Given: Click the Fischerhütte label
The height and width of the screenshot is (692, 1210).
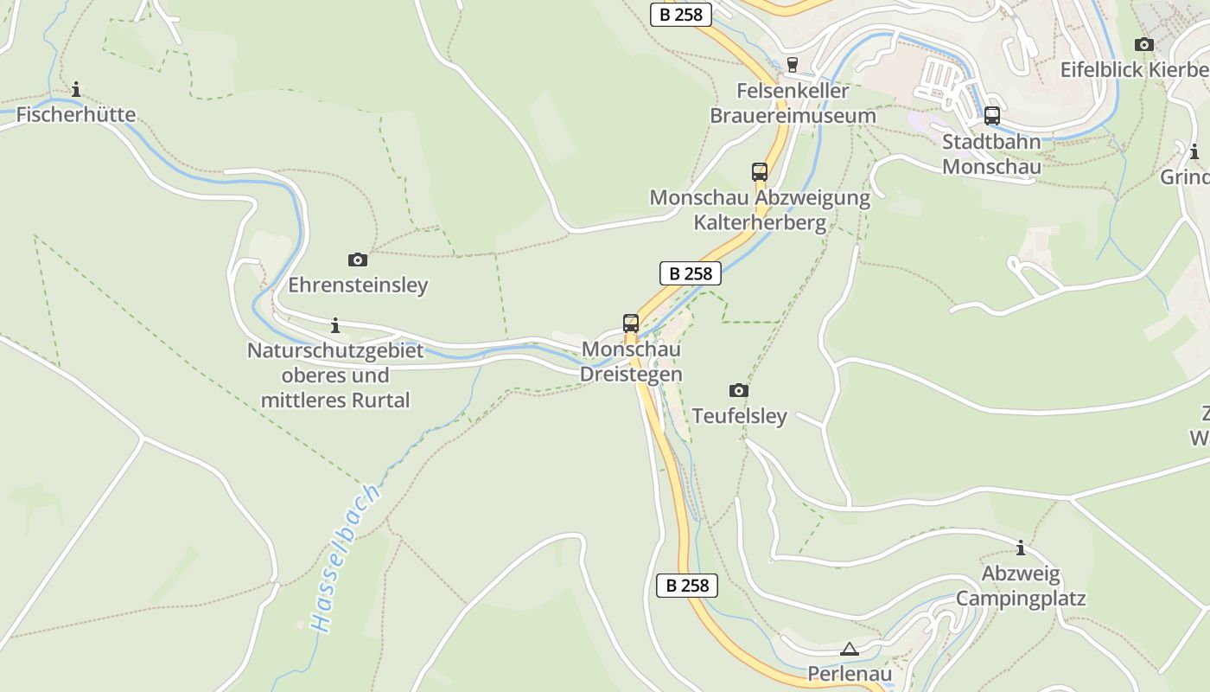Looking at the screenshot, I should [x=76, y=114].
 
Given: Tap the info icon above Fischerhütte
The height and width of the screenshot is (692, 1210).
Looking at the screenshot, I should [x=76, y=89].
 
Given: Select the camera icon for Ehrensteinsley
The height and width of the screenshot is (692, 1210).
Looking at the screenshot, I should [x=357, y=259].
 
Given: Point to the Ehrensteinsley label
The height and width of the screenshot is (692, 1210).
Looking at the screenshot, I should [x=358, y=285].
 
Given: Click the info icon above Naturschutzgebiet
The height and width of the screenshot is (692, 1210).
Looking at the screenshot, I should [x=335, y=326].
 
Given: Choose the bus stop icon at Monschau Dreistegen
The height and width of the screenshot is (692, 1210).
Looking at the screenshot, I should [x=631, y=324].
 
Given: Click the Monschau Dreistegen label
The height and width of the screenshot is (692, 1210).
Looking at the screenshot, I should [x=631, y=362].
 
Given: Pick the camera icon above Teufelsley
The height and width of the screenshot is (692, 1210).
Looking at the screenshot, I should [x=739, y=390].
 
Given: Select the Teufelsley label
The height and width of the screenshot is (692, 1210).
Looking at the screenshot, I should [x=739, y=416].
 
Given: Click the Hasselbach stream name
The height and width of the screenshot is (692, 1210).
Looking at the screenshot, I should [x=346, y=558].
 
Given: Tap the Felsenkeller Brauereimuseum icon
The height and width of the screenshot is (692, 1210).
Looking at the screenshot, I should [x=793, y=65].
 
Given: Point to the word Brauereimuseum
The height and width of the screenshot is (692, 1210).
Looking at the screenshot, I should [x=793, y=115].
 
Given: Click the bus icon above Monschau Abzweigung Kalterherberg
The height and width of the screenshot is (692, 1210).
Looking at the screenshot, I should [x=760, y=172].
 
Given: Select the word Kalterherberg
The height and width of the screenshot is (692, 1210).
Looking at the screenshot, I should [x=760, y=222].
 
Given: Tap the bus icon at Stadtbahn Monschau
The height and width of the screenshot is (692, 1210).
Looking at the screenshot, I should [x=991, y=116].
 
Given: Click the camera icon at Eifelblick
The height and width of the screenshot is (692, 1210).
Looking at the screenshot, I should [x=1143, y=44].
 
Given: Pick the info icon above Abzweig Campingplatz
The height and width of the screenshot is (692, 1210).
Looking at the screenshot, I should [x=1021, y=548].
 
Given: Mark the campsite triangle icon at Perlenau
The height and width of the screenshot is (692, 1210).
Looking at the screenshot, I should [x=850, y=649].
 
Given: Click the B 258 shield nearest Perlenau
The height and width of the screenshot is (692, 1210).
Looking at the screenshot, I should [x=687, y=586].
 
